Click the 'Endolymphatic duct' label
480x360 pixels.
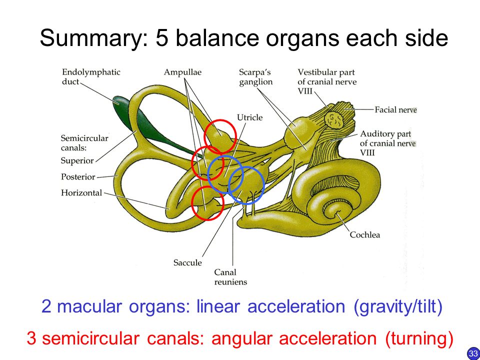coord(91,77)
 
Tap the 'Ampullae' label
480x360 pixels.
coord(183,72)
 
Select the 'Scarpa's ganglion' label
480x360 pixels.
coord(256,77)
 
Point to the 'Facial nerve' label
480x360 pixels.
coord(396,109)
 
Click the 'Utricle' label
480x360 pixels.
coord(250,117)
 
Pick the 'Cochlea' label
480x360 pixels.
coord(365,235)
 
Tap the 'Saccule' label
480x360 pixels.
coord(187,262)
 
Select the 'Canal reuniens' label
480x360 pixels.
coord(230,277)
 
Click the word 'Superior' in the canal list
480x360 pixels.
coord(77,160)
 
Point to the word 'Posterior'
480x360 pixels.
coord(78,177)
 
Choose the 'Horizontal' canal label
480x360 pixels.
coord(81,193)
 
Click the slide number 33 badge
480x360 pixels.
coord(473,353)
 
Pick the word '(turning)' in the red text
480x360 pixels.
coord(419,338)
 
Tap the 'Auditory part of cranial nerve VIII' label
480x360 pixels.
coord(388,143)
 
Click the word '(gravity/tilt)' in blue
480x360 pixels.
coord(398,306)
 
